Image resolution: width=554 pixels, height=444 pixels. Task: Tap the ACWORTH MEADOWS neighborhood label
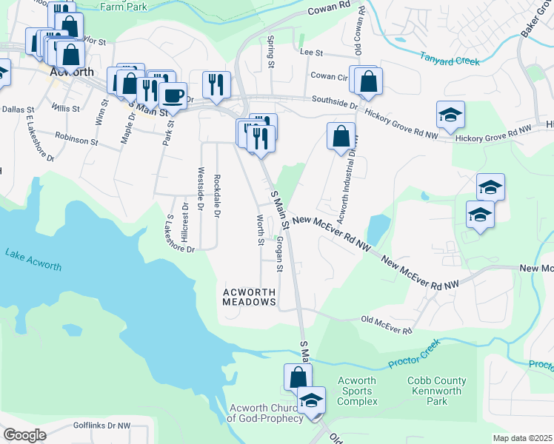click(x=250, y=297)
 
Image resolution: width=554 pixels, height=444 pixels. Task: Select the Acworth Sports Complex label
click(x=357, y=391)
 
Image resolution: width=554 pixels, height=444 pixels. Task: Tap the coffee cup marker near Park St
click(x=173, y=96)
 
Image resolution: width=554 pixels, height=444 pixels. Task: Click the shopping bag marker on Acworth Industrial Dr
click(x=340, y=137)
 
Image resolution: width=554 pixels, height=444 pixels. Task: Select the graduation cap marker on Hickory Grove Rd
click(x=450, y=115)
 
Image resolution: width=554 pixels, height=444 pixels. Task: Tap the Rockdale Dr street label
click(x=216, y=195)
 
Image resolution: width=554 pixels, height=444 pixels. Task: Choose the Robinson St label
click(x=76, y=139)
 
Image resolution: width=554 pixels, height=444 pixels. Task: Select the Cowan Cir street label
click(x=328, y=75)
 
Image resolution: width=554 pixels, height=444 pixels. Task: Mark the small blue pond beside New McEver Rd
click(x=378, y=229)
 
